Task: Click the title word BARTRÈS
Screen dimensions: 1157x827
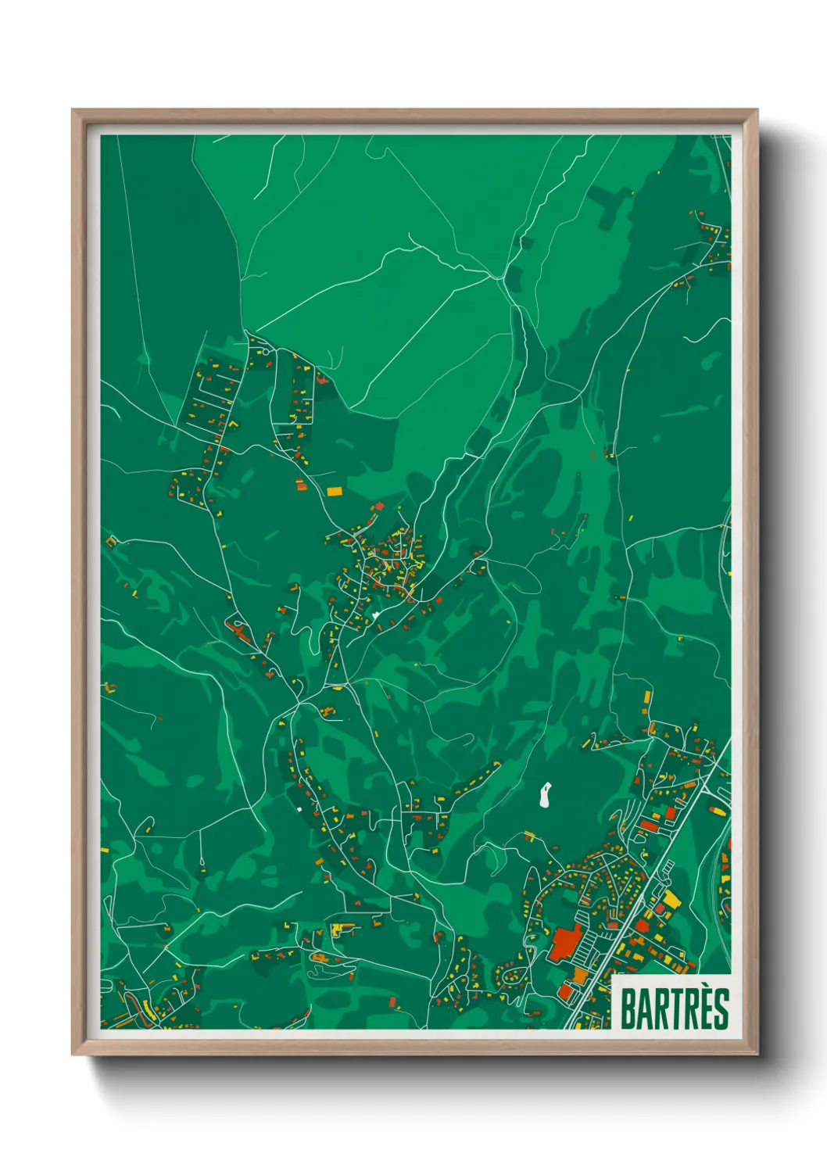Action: [x=675, y=1008]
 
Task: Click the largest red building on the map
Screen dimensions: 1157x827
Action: [x=566, y=942]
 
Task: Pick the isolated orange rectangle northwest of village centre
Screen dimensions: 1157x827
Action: [x=335, y=492]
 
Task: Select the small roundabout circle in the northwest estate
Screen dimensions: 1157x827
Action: [x=267, y=353]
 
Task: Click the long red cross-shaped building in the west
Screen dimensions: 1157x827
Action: [x=238, y=629]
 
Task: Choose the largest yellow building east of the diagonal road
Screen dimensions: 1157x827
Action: [x=671, y=900]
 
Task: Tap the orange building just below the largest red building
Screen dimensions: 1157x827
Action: [x=579, y=976]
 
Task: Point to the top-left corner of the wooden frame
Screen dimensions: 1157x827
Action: [x=73, y=111]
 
